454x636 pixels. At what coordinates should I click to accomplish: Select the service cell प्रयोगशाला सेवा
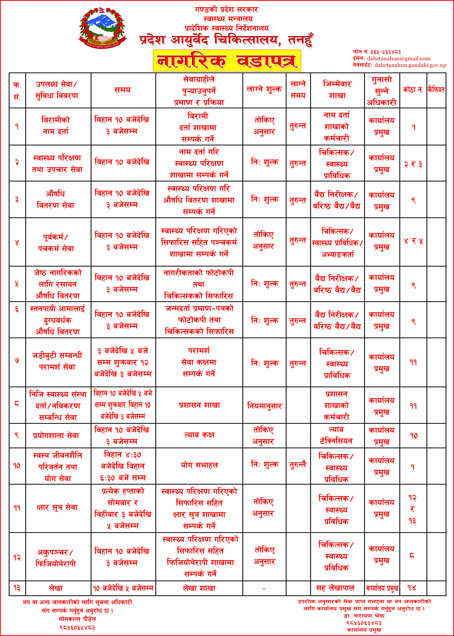56,435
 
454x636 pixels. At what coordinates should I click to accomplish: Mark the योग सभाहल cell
199,465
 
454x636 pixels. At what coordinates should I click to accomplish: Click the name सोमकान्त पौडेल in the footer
77,619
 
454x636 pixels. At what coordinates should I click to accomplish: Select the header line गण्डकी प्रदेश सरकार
226,10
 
